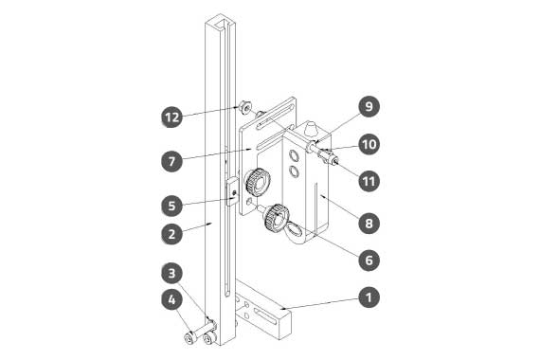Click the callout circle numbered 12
click(x=171, y=117)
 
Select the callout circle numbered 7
click(x=171, y=161)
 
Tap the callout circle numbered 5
click(x=171, y=206)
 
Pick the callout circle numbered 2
click(x=171, y=234)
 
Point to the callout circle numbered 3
click(x=171, y=273)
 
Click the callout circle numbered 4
click(x=171, y=299)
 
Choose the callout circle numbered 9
click(x=369, y=106)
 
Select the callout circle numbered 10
click(x=369, y=144)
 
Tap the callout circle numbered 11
click(x=369, y=181)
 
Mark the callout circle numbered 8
click(x=369, y=223)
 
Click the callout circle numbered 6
click(x=369, y=260)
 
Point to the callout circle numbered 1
click(x=369, y=297)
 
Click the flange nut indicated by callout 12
click(x=244, y=107)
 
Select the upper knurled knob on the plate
click(x=258, y=182)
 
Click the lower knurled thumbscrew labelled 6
click(x=276, y=218)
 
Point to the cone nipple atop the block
click(x=311, y=129)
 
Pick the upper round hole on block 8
click(x=294, y=155)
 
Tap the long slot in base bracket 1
click(x=265, y=316)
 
